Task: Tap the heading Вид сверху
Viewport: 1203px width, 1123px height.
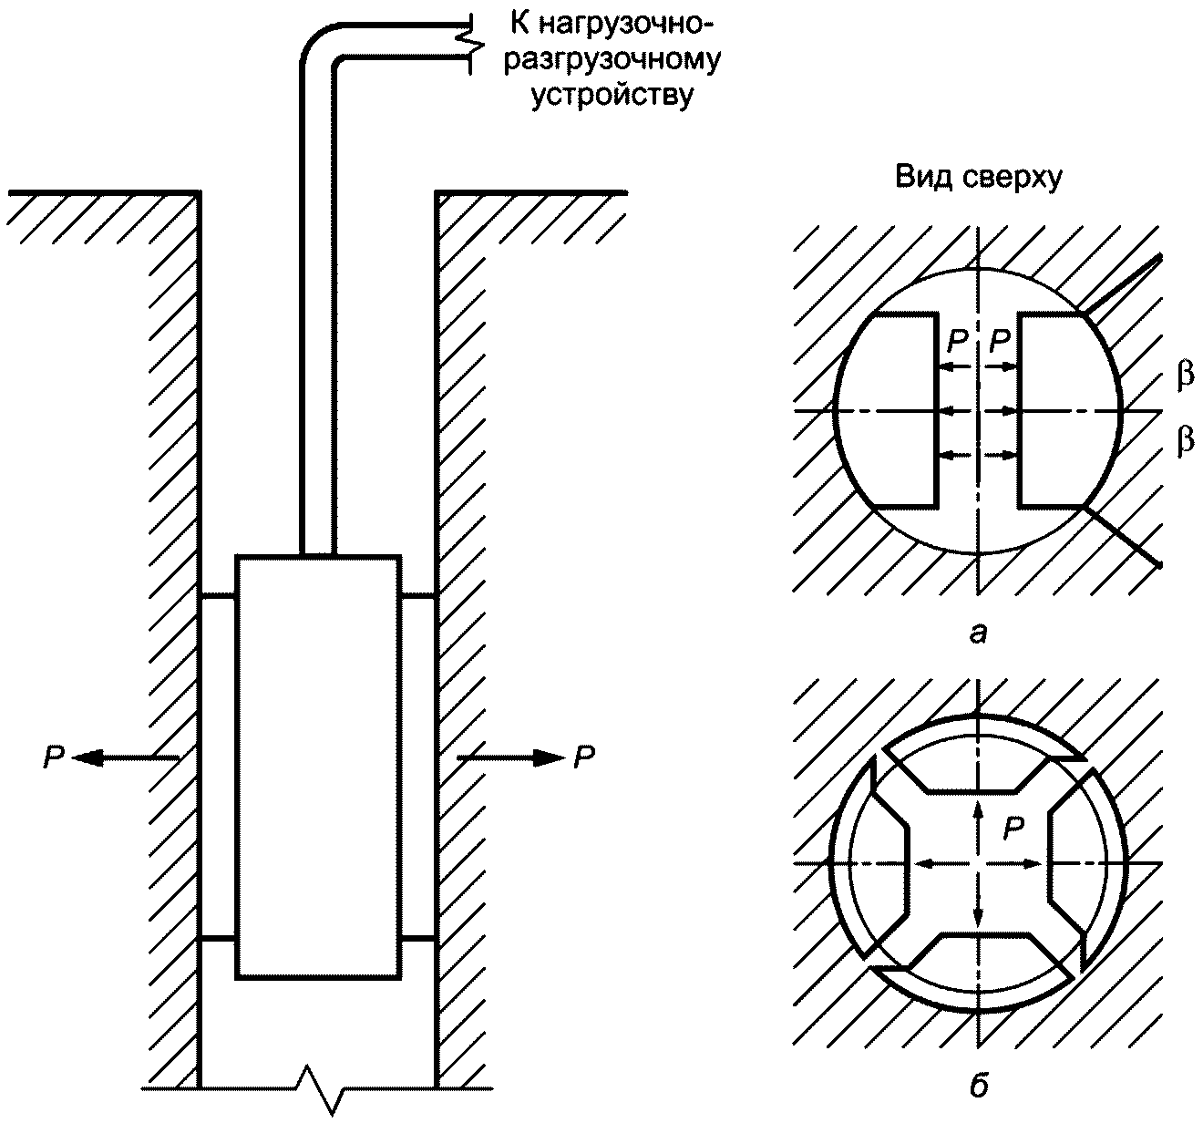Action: tap(978, 179)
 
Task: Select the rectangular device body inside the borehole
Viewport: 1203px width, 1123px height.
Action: tap(317, 766)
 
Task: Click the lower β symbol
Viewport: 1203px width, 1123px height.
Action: tap(1185, 442)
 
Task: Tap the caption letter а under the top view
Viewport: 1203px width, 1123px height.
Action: tap(978, 632)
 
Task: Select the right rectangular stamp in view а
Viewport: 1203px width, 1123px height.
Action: tap(1062, 409)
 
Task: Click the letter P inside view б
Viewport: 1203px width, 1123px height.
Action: tap(1013, 828)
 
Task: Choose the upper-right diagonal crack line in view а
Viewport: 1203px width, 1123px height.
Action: tap(1123, 285)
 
